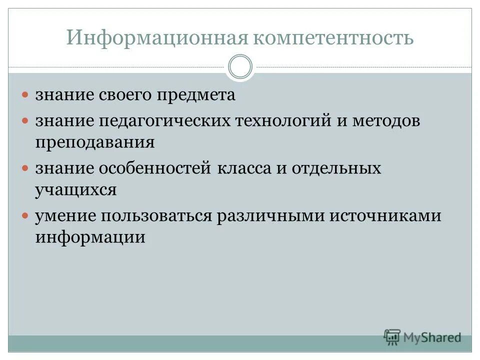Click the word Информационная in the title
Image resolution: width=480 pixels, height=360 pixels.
[155, 38]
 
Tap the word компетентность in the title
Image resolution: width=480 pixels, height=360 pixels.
[331, 38]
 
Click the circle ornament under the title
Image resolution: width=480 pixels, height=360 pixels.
[240, 67]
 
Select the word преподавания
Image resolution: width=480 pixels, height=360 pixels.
[94, 142]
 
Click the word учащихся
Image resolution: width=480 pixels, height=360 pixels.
[76, 189]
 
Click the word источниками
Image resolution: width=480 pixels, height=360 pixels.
[385, 216]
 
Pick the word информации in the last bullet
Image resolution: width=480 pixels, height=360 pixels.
[90, 236]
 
